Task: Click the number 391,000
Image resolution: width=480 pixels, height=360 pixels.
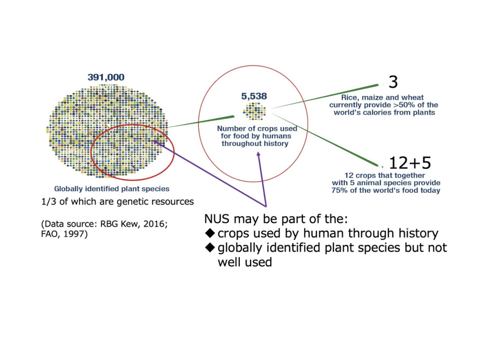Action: (106, 77)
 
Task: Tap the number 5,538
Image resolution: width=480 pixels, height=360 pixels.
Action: (254, 96)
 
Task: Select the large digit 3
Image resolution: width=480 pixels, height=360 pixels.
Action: (393, 82)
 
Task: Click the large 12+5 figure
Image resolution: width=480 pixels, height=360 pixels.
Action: (410, 163)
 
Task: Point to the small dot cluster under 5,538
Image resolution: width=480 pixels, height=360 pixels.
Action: (254, 111)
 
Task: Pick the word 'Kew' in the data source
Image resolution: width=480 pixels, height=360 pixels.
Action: (130, 224)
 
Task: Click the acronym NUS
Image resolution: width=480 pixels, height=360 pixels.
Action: (217, 219)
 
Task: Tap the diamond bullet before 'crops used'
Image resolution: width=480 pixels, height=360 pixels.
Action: (210, 233)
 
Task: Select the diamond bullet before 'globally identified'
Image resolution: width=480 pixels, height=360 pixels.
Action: (210, 248)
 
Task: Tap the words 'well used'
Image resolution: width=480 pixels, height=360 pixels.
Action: (245, 262)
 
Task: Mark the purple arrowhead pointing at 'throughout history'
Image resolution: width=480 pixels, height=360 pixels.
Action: (259, 154)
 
